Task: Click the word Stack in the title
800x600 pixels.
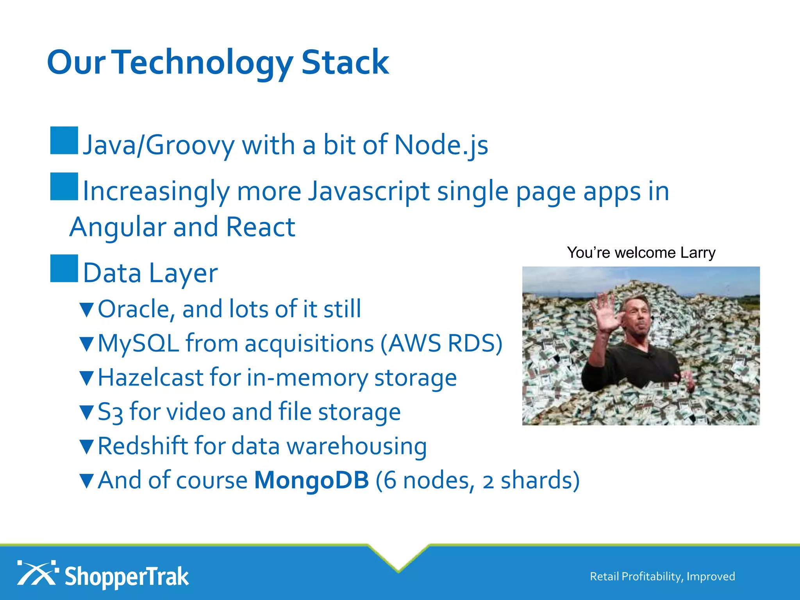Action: click(x=345, y=62)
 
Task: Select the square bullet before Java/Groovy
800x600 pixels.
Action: click(x=64, y=140)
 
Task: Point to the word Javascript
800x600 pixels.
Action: click(x=369, y=192)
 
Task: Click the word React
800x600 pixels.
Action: click(x=261, y=227)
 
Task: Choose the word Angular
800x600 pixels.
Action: click(x=118, y=228)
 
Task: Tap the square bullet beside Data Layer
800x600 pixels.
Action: click(x=64, y=268)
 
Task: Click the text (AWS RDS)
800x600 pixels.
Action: click(x=441, y=343)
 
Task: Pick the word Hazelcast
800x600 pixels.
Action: click(x=150, y=378)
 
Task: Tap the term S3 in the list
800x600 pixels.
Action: click(x=110, y=412)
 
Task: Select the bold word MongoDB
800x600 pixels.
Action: click(x=311, y=480)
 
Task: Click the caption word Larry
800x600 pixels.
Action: click(x=698, y=253)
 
